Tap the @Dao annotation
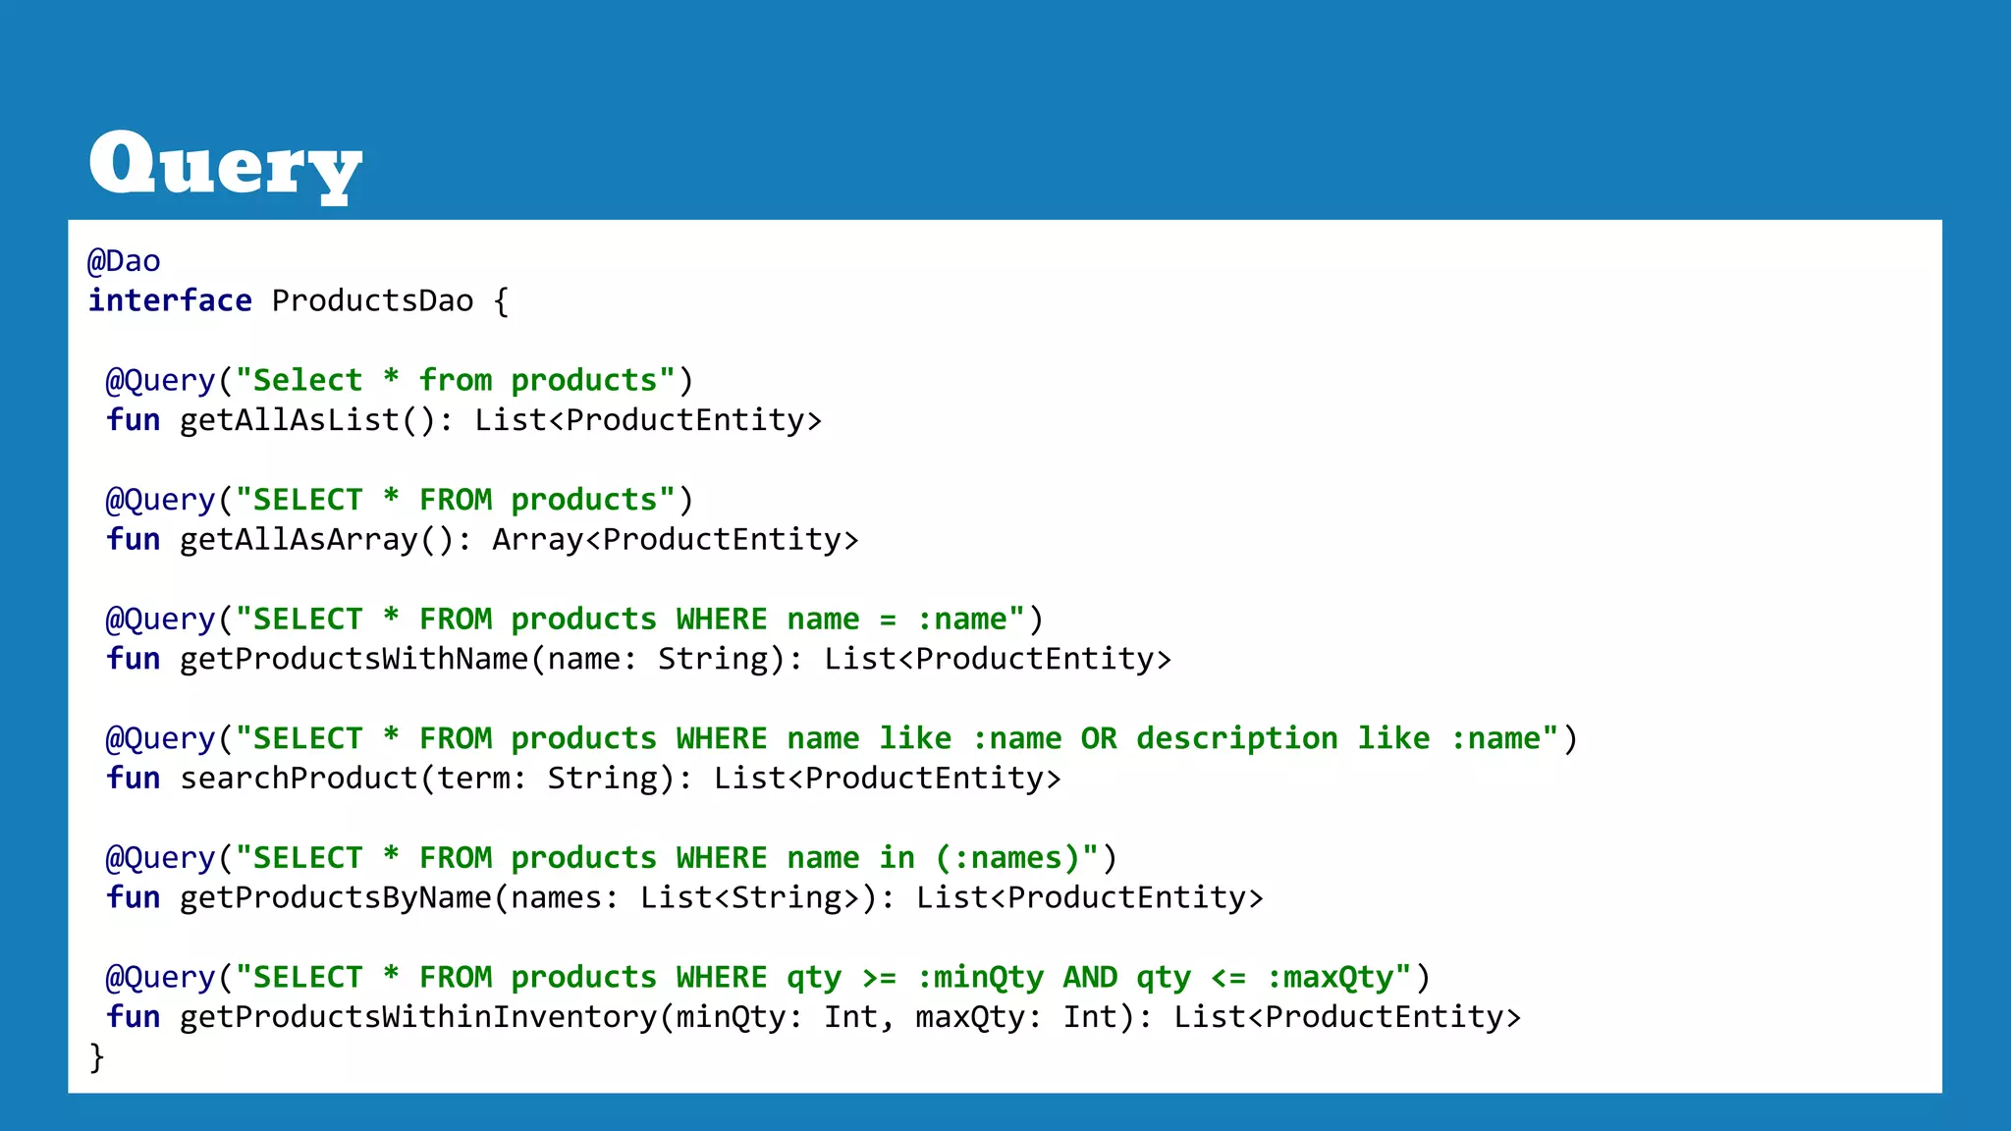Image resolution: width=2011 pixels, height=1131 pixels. pyautogui.click(x=124, y=261)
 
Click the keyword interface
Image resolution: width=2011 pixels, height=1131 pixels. pyautogui.click(x=170, y=300)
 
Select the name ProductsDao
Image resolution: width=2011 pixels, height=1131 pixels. pyautogui.click(x=372, y=300)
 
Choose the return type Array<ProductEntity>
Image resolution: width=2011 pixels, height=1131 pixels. pyautogui.click(x=675, y=540)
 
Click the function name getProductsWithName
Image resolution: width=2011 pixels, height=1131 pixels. pyautogui.click(x=353, y=659)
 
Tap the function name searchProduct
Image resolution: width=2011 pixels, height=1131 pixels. pyautogui.click(x=299, y=779)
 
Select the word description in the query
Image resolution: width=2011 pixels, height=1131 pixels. pyautogui.click(x=1236, y=738)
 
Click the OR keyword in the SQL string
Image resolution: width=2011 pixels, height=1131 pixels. pyautogui.click(x=1098, y=738)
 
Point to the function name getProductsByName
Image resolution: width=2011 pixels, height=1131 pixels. pyautogui.click(x=335, y=897)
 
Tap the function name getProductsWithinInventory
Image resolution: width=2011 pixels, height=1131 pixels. pyautogui.click(x=418, y=1017)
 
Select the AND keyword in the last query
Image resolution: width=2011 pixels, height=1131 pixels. pyautogui.click(x=1090, y=978)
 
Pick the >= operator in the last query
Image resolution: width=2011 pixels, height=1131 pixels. pyautogui.click(x=879, y=978)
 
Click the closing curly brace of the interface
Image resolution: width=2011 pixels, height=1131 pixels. pyautogui.click(x=96, y=1057)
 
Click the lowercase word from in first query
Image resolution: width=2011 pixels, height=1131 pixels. pyautogui.click(x=456, y=381)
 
